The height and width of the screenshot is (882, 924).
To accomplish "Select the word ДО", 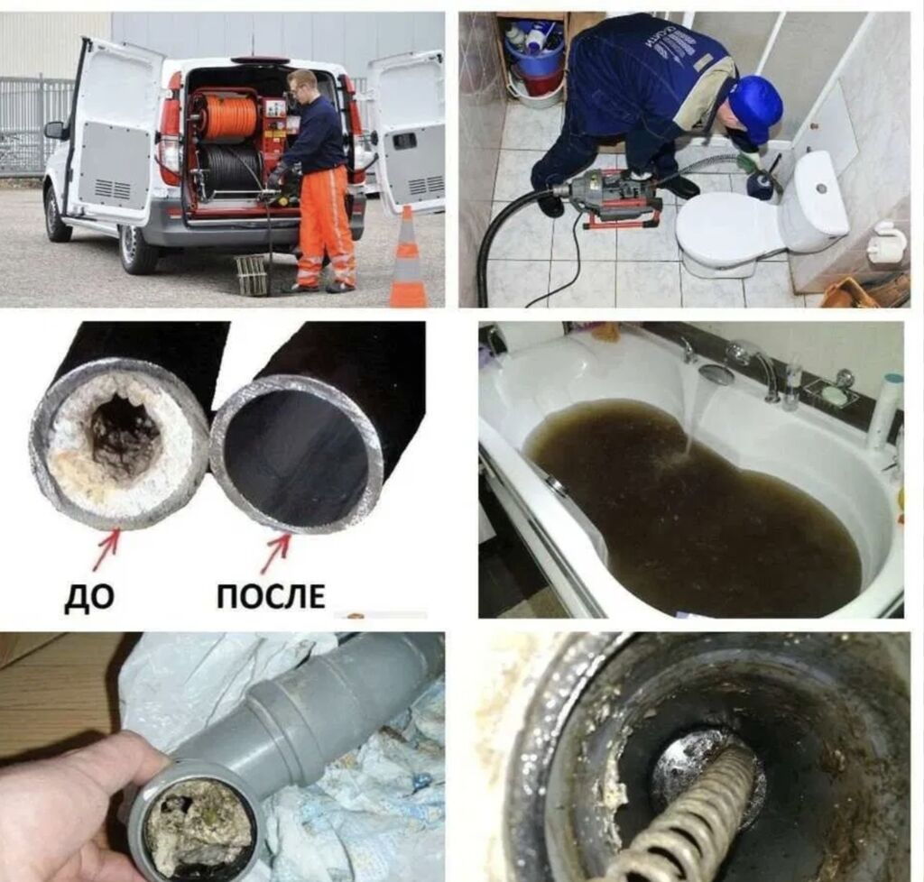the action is tap(88, 597).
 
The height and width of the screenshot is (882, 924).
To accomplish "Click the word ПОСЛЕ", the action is tap(271, 596).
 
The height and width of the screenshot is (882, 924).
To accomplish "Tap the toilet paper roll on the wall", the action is tap(888, 242).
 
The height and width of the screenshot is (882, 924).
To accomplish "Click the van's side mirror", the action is tap(55, 131).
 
